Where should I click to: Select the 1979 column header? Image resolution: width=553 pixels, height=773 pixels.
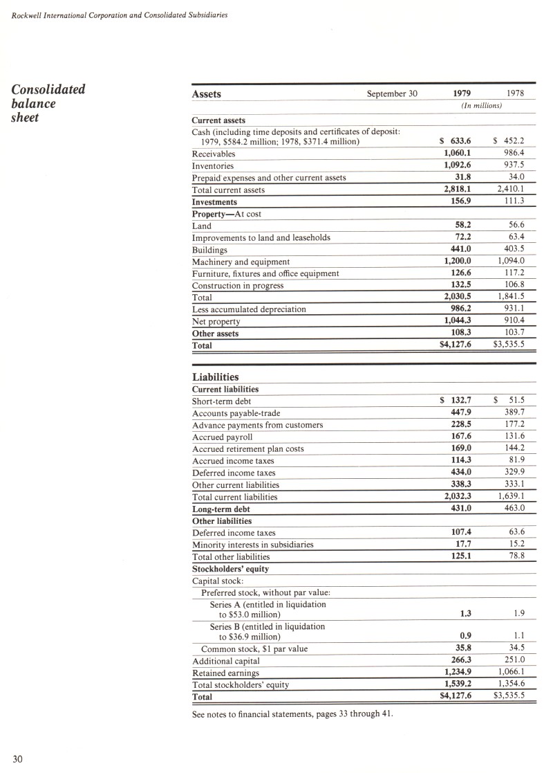(462, 93)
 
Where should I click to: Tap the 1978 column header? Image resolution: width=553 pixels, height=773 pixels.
(515, 93)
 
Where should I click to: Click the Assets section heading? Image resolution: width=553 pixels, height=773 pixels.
(206, 94)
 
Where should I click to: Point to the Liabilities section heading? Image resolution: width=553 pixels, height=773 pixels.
(215, 377)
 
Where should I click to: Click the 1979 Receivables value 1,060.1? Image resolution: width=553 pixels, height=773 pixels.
(457, 154)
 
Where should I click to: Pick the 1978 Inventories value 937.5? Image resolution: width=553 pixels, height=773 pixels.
(512, 165)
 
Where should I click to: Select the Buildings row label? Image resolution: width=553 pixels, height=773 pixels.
(209, 250)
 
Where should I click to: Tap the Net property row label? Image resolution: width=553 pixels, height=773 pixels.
(216, 322)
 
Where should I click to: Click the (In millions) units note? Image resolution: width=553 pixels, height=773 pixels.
(481, 106)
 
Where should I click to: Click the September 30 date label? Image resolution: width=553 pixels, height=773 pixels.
(392, 94)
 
